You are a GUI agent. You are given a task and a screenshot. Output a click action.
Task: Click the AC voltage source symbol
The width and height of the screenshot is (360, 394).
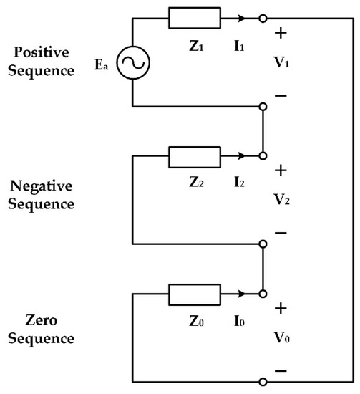tap(133, 63)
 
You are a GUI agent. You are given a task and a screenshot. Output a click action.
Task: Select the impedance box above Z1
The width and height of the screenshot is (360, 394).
tap(189, 18)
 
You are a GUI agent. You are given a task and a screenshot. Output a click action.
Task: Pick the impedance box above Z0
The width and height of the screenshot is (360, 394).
tap(189, 293)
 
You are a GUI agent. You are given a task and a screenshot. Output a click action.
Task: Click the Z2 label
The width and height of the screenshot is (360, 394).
tap(189, 181)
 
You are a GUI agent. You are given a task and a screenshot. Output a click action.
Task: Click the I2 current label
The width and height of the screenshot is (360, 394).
tap(238, 181)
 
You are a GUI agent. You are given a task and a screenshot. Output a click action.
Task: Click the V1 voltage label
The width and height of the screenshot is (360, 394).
tap(281, 62)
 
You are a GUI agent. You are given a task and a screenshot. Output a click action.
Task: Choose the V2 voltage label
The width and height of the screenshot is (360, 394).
tap(281, 200)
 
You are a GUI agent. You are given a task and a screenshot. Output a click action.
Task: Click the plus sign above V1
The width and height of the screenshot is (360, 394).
tap(280, 33)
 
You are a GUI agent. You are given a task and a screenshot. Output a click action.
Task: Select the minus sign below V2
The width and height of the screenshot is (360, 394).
tap(280, 232)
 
